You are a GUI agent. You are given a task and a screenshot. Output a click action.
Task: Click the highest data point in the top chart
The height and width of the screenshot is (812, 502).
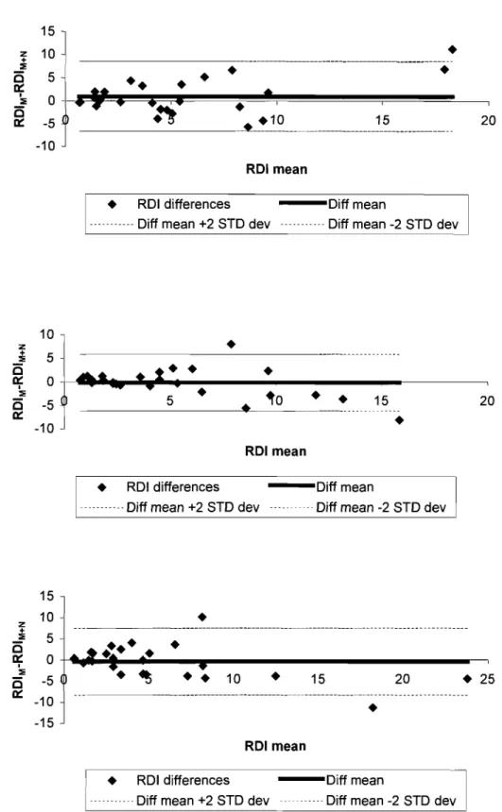(x=452, y=50)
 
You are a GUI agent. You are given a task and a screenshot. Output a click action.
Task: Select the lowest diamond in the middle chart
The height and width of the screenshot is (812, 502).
(x=399, y=420)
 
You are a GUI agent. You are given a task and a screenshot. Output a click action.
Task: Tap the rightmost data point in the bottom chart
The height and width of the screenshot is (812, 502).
(x=467, y=678)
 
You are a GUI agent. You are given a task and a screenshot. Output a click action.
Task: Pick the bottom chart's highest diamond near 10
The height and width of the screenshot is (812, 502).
(x=202, y=617)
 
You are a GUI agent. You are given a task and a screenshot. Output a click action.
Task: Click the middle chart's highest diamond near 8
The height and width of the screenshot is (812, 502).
(x=231, y=344)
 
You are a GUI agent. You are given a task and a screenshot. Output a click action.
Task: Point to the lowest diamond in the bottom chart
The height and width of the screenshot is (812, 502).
(x=372, y=707)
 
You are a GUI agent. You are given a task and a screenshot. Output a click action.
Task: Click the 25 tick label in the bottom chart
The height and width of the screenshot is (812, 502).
(x=488, y=679)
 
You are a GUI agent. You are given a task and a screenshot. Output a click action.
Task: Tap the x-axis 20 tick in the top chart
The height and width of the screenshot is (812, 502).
(x=488, y=120)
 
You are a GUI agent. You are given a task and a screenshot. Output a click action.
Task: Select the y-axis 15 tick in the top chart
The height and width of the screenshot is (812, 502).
(x=47, y=31)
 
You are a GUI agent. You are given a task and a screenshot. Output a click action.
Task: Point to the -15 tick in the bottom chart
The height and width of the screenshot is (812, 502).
(x=44, y=723)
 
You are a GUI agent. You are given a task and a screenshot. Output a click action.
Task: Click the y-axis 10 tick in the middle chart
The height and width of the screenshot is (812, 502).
(x=46, y=334)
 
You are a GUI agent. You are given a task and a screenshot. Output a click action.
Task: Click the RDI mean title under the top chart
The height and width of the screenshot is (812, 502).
(x=276, y=169)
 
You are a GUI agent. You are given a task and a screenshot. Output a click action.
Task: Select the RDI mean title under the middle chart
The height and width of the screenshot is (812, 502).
(x=275, y=451)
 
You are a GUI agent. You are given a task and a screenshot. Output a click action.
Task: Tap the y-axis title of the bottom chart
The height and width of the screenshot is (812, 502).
(x=19, y=659)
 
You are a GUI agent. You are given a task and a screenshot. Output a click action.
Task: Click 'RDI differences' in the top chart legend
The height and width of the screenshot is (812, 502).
(x=183, y=204)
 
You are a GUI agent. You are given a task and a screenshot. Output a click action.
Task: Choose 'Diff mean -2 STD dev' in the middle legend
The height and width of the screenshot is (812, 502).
(x=381, y=507)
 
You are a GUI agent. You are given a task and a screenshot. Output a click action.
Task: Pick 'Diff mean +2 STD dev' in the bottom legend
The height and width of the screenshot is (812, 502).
(x=202, y=800)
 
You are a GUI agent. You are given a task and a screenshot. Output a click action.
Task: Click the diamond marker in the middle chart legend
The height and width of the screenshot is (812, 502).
(x=102, y=487)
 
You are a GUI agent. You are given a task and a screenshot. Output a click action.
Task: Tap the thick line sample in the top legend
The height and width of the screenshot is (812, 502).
(x=303, y=203)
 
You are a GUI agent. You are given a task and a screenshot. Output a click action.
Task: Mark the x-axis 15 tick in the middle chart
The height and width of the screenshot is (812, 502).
(x=381, y=401)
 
